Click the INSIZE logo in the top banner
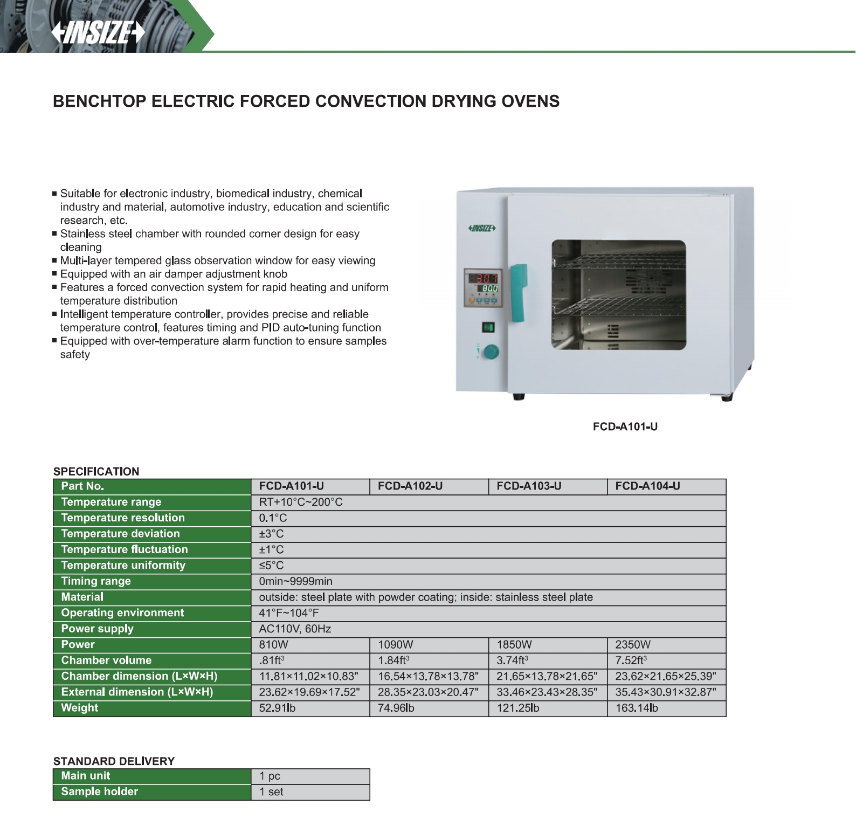coord(98,33)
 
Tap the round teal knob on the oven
coord(491,352)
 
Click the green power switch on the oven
coord(488,327)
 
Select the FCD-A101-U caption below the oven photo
coord(625,426)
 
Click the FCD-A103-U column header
coord(529,486)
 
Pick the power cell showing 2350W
coord(633,645)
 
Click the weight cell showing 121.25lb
coord(517,708)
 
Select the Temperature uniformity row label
coord(123,566)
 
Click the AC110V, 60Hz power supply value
coord(295,629)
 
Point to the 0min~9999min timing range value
coord(295,581)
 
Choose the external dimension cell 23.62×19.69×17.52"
coord(309,692)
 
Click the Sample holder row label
coord(100,791)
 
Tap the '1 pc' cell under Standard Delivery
coord(270,776)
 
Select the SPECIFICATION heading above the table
coord(96,471)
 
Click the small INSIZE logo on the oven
coord(482,229)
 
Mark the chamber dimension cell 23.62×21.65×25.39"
coord(666,677)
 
